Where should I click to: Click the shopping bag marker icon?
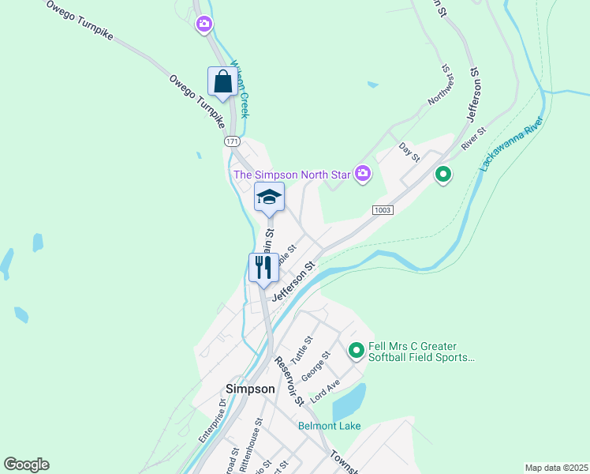pyautogui.click(x=222, y=82)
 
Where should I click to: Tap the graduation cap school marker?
pyautogui.click(x=269, y=198)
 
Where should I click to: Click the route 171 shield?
pyautogui.click(x=231, y=141)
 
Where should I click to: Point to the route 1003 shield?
pyautogui.click(x=383, y=209)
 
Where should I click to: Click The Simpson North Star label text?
pyautogui.click(x=291, y=174)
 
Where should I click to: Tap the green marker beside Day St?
pyautogui.click(x=443, y=174)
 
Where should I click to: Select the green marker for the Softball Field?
pyautogui.click(x=357, y=348)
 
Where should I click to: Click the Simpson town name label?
pyautogui.click(x=250, y=389)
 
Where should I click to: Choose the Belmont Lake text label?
pyautogui.click(x=329, y=426)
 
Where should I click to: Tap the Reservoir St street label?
pyautogui.click(x=289, y=381)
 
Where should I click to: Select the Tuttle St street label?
pyautogui.click(x=301, y=347)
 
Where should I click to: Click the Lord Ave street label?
pyautogui.click(x=325, y=392)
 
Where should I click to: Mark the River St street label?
pyautogui.click(x=474, y=138)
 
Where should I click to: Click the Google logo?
pyautogui.click(x=26, y=465)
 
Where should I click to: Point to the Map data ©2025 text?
pyautogui.click(x=555, y=468)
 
